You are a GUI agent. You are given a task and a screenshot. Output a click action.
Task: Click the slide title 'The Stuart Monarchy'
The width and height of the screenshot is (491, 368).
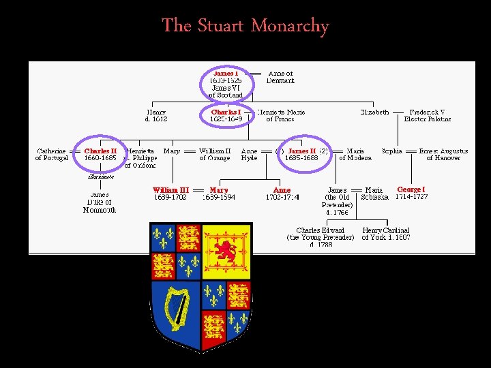tap(245, 26)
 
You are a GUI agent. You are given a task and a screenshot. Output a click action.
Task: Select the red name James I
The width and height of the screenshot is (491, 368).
tap(225, 73)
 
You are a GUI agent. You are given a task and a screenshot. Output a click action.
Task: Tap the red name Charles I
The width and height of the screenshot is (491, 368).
tap(226, 112)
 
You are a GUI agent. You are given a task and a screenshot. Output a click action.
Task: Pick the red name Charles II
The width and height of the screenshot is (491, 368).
tap(100, 151)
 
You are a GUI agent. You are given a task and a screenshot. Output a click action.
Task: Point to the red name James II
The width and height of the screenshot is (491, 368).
tap(301, 151)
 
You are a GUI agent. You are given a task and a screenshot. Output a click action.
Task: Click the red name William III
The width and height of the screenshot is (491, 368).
tap(170, 190)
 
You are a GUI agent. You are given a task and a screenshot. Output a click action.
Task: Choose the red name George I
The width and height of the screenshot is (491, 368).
tap(411, 189)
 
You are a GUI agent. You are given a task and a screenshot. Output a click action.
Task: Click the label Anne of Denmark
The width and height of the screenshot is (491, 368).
tap(280, 76)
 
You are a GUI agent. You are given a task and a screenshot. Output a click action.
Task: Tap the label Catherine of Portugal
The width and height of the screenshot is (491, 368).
tap(52, 154)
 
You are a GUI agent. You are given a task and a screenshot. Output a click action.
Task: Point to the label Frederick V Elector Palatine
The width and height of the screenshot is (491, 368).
tap(428, 115)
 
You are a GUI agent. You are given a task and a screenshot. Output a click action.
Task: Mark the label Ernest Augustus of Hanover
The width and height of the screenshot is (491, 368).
tap(443, 154)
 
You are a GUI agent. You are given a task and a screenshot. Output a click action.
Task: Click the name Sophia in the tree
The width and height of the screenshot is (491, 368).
tap(392, 151)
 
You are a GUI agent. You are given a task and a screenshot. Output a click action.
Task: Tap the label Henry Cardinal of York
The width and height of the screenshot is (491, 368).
tap(386, 234)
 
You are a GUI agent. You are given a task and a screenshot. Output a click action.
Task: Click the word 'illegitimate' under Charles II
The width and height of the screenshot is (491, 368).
tap(100, 176)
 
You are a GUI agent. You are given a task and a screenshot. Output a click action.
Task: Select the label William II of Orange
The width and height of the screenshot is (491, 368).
tap(215, 154)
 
